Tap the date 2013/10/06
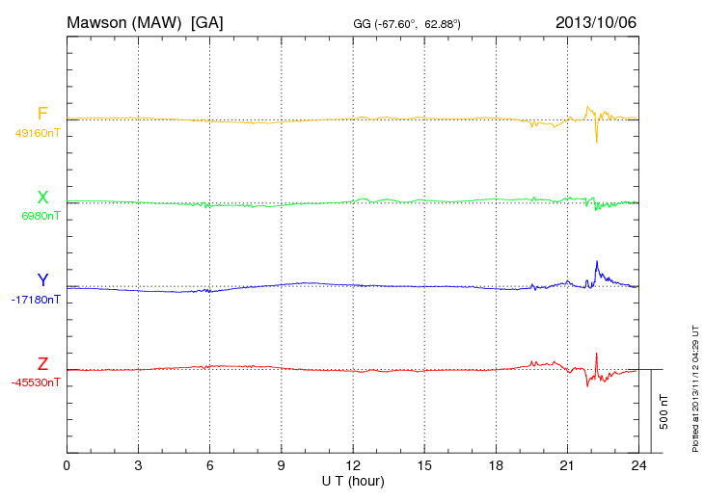[x=595, y=21]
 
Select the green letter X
[x=42, y=198]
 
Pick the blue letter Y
[x=42, y=280]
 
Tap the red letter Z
[x=42, y=364]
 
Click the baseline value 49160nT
[x=37, y=133]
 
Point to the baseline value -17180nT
[x=35, y=300]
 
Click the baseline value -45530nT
[x=35, y=382]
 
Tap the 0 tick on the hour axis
[x=67, y=465]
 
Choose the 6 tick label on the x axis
[x=209, y=465]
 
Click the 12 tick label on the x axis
[x=353, y=465]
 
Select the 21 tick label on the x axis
[x=567, y=465]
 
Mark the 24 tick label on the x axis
[x=638, y=465]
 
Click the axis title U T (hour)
[x=352, y=480]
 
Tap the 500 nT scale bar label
[x=664, y=411]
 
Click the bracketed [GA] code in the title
[x=207, y=21]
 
